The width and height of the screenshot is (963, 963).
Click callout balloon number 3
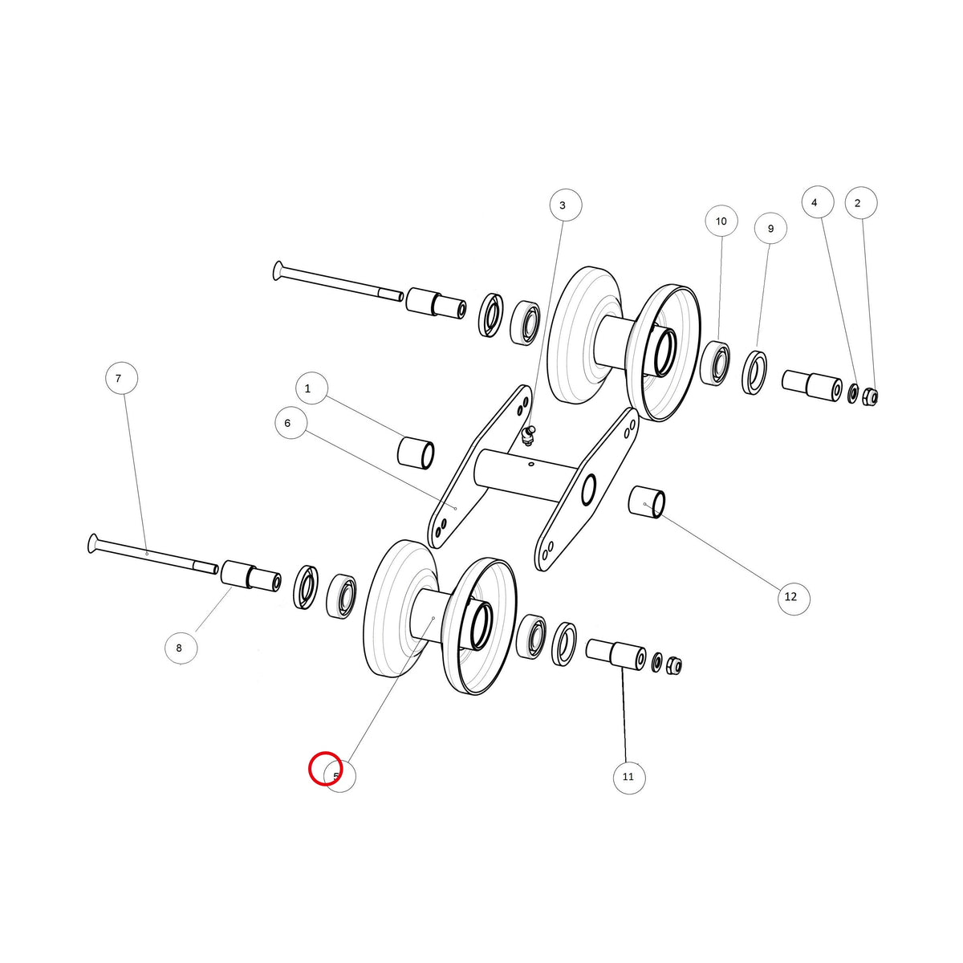coord(566,205)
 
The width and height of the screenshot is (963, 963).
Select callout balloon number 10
coord(721,221)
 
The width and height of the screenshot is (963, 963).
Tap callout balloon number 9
coord(770,229)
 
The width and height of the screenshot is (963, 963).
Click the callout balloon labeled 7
coord(122,378)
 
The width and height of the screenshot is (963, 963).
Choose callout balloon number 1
coord(311,388)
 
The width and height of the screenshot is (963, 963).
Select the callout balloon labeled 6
coord(291,423)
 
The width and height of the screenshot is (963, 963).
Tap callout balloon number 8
coord(181,648)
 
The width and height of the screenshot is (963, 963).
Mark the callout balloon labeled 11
coord(628,777)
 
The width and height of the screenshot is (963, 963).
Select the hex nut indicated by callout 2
coord(871,396)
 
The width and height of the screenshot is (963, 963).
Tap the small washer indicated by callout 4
coord(854,394)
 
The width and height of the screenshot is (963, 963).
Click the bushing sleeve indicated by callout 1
coord(416,453)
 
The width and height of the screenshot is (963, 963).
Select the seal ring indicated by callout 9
coord(755,365)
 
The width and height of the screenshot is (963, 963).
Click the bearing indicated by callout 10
coord(715,362)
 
